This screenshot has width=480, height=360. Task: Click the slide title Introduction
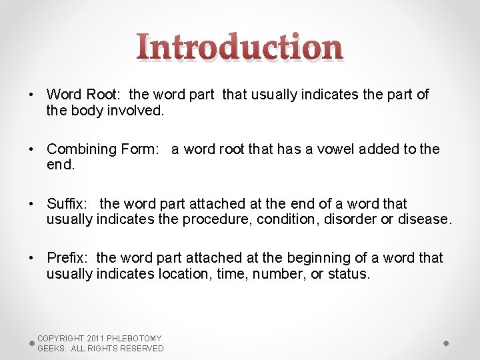[240, 48]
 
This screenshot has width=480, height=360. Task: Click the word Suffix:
[69, 203]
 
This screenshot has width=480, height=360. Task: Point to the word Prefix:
[69, 257]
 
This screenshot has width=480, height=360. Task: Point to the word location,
[185, 273]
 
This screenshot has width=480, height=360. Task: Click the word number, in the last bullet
[280, 273]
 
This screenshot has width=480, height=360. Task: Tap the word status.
[349, 273]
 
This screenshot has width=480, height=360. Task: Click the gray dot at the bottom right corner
[446, 343]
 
